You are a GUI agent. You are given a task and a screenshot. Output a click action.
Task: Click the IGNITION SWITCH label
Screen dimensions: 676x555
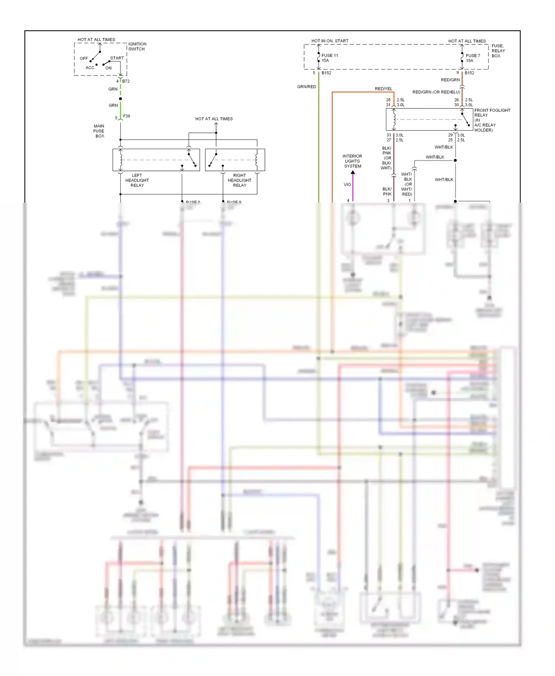tap(137, 46)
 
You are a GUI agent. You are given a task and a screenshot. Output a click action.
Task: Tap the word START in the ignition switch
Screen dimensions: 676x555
tap(117, 58)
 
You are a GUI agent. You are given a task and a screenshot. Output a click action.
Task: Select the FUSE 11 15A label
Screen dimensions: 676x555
tap(329, 58)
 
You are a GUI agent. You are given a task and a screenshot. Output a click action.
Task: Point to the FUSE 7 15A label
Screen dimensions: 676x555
tap(473, 58)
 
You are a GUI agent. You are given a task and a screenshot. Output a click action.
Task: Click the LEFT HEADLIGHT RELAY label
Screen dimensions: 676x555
tap(137, 180)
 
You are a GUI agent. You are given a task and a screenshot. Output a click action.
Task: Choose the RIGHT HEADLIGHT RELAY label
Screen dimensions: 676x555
tap(239, 180)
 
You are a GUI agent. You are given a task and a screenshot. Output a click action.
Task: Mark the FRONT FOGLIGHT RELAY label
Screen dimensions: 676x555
tap(492, 120)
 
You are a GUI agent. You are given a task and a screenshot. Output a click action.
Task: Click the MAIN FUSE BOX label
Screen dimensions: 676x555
tap(99, 131)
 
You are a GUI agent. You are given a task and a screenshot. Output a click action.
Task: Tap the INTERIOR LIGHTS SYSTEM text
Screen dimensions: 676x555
tap(352, 161)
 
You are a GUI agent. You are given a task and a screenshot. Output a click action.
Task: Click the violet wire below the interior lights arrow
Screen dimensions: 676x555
tap(353, 189)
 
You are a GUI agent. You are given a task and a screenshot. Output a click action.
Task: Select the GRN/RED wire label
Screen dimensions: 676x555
tap(306, 87)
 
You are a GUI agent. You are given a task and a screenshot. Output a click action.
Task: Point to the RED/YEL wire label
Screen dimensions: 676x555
tap(383, 89)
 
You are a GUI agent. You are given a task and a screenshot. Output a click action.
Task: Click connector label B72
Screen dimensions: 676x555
tap(126, 81)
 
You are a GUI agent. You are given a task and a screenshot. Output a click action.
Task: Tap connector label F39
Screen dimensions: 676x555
tap(127, 116)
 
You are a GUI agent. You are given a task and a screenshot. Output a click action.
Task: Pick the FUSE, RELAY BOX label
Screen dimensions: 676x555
tap(498, 51)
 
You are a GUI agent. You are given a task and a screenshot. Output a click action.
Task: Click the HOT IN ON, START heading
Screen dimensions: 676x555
tap(330, 41)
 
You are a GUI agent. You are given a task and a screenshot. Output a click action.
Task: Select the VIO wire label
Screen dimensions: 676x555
tap(347, 185)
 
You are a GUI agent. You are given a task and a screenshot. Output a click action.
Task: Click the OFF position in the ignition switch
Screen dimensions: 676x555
tap(84, 58)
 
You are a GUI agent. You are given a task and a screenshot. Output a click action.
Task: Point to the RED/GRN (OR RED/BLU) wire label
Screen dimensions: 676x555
tap(436, 92)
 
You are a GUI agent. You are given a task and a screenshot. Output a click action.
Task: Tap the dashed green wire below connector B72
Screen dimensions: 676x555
tap(121, 89)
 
